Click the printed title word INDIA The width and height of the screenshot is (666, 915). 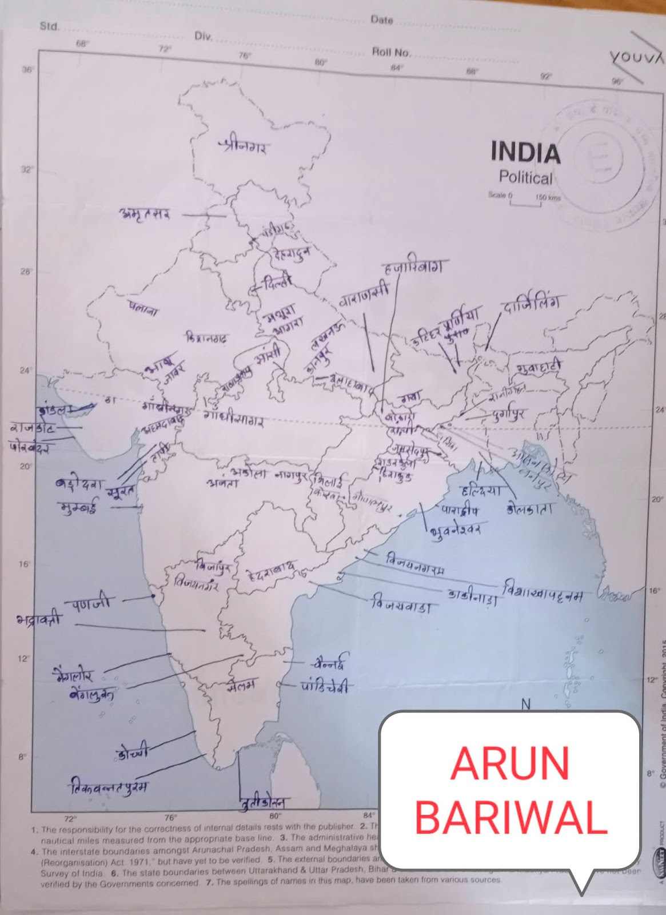point(525,153)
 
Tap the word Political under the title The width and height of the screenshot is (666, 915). point(525,178)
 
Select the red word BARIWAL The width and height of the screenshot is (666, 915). point(511,818)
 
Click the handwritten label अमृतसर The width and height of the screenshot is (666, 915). point(144,214)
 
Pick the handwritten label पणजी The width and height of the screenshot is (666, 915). point(92,603)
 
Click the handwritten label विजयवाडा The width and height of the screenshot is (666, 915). point(400,605)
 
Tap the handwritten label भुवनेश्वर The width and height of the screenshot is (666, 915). point(455,528)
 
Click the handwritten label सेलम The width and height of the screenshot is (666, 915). point(240,685)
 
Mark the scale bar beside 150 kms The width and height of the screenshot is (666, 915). point(525,203)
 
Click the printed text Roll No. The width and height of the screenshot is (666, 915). point(391,53)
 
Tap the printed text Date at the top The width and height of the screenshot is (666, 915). point(381,20)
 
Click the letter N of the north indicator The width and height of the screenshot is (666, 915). point(526,704)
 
